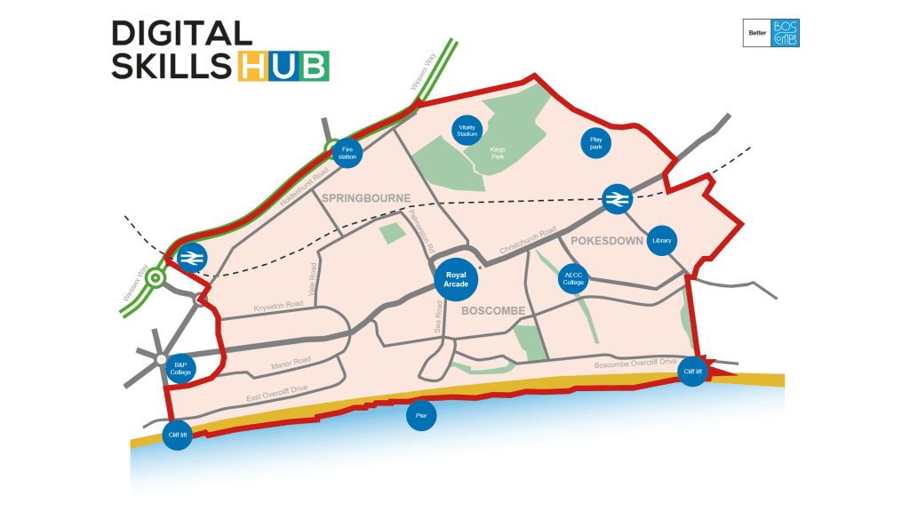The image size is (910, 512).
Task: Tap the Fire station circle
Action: pos(347,153)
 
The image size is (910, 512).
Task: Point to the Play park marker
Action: pos(596,143)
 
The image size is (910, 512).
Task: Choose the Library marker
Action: pos(661,240)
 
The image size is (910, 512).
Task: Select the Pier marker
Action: pos(421,415)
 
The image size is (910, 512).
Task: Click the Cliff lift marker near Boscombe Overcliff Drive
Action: pos(693,372)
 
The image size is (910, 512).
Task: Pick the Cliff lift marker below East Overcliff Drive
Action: pos(178,435)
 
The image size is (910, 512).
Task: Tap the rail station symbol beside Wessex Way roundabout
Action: pos(189,258)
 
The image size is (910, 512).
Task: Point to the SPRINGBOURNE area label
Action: pos(366,197)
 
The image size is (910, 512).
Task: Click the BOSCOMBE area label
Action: pos(493,310)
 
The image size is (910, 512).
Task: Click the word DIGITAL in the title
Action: pos(182,34)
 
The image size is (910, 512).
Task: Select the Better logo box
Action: pos(757,33)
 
